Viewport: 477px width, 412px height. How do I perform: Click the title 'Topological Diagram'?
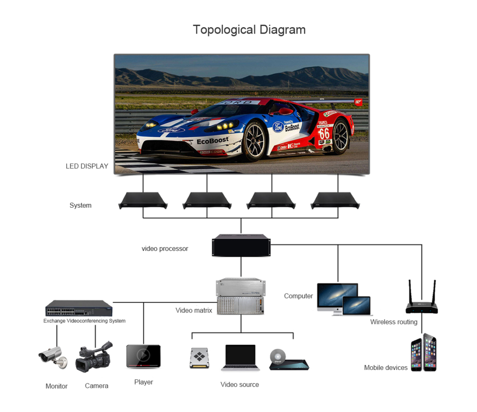[x=249, y=30]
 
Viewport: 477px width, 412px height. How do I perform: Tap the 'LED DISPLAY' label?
[x=87, y=166]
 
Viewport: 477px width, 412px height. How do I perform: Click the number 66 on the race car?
[x=324, y=133]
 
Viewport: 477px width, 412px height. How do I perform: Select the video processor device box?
[x=241, y=245]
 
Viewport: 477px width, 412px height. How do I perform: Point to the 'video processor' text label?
[x=165, y=249]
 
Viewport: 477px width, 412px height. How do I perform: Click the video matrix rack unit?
[x=240, y=296]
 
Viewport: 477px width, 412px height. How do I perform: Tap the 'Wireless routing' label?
[x=394, y=322]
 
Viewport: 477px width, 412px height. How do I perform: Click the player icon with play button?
[x=143, y=356]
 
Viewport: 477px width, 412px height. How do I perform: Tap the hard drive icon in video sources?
[x=199, y=358]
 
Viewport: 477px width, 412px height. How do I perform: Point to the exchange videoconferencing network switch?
[x=79, y=308]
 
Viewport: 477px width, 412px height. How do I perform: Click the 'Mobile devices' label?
[x=386, y=368]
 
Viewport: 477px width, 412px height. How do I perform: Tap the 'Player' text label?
[x=143, y=382]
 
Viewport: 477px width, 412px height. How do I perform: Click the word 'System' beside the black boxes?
[x=81, y=205]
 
